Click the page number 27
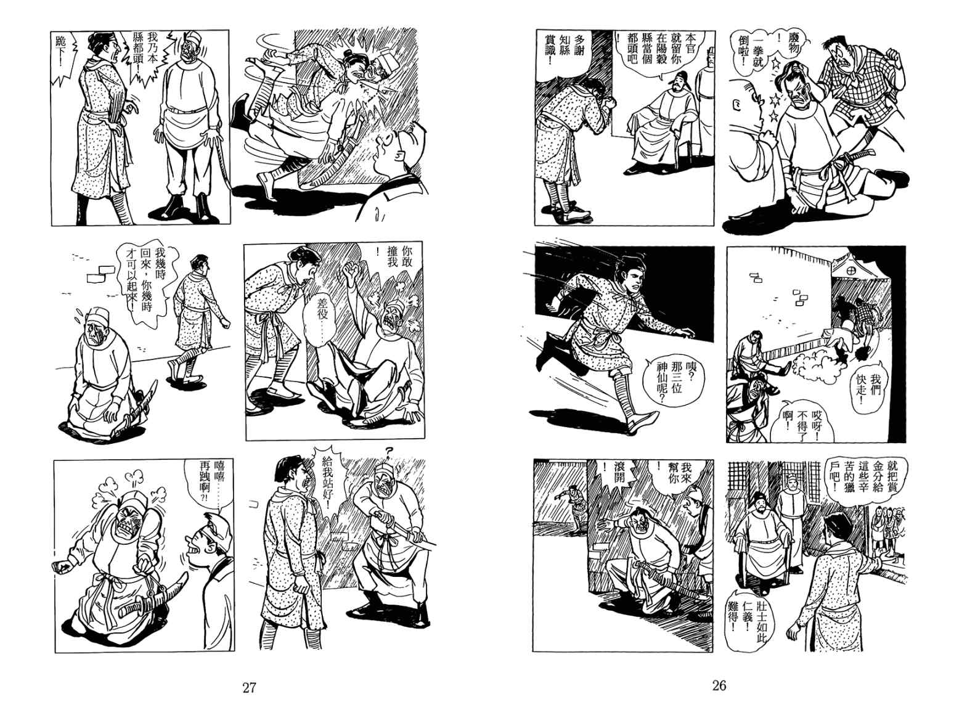click(x=250, y=688)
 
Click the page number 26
click(x=719, y=685)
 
